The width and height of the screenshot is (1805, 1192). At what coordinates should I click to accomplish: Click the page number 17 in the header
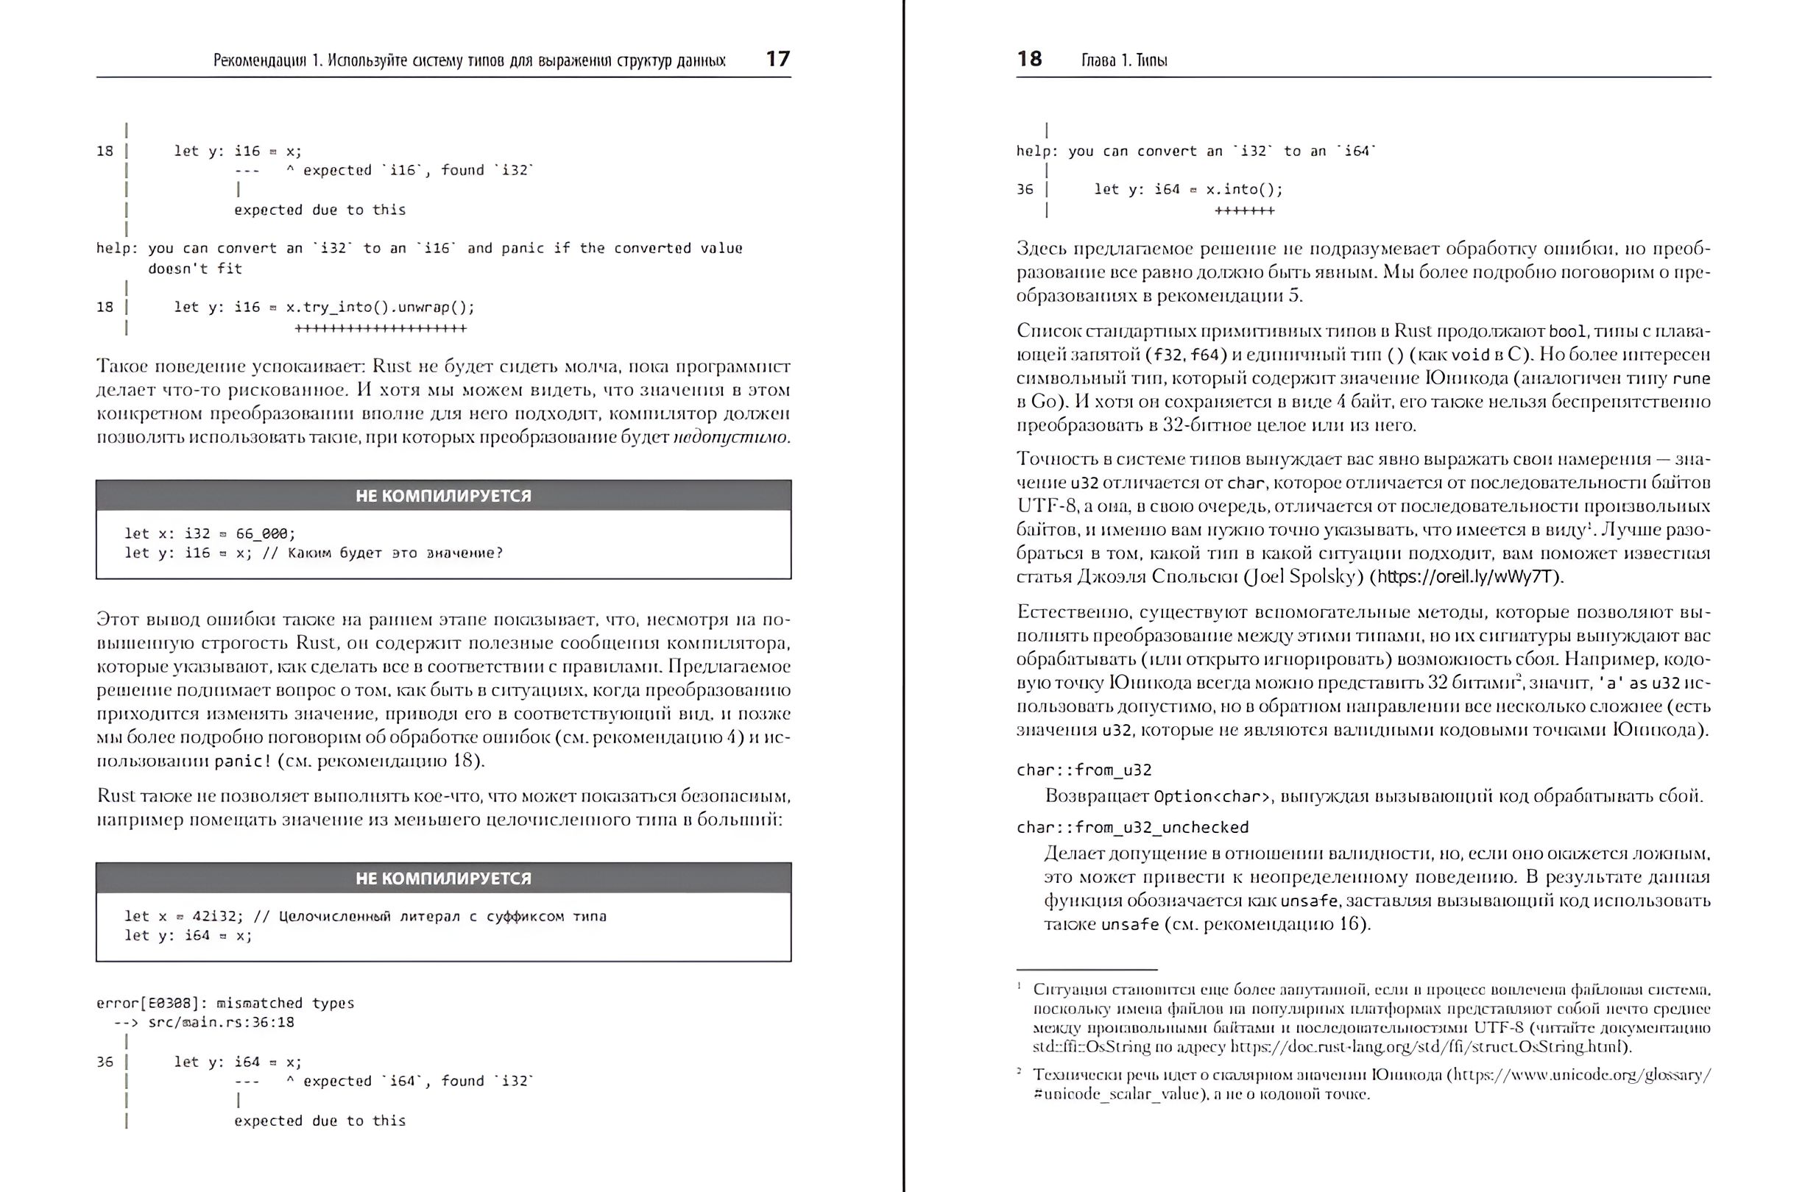click(x=778, y=60)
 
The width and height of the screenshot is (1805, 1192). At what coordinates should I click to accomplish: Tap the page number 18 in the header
click(x=1029, y=60)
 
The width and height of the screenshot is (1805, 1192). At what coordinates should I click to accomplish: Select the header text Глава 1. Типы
click(x=1124, y=61)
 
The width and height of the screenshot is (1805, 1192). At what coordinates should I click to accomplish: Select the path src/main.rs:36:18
click(x=222, y=1023)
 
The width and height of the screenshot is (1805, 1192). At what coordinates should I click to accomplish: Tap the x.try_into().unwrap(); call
click(x=380, y=307)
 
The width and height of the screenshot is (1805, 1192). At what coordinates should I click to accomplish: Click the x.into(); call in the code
click(x=1244, y=189)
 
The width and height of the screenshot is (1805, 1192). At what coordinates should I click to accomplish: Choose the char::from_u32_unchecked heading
click(x=1132, y=827)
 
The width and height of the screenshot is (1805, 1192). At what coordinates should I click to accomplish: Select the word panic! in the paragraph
click(x=242, y=761)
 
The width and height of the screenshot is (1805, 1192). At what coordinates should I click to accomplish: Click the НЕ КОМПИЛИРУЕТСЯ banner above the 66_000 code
click(x=443, y=496)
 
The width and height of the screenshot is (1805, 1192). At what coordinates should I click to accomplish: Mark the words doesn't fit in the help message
click(x=194, y=269)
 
